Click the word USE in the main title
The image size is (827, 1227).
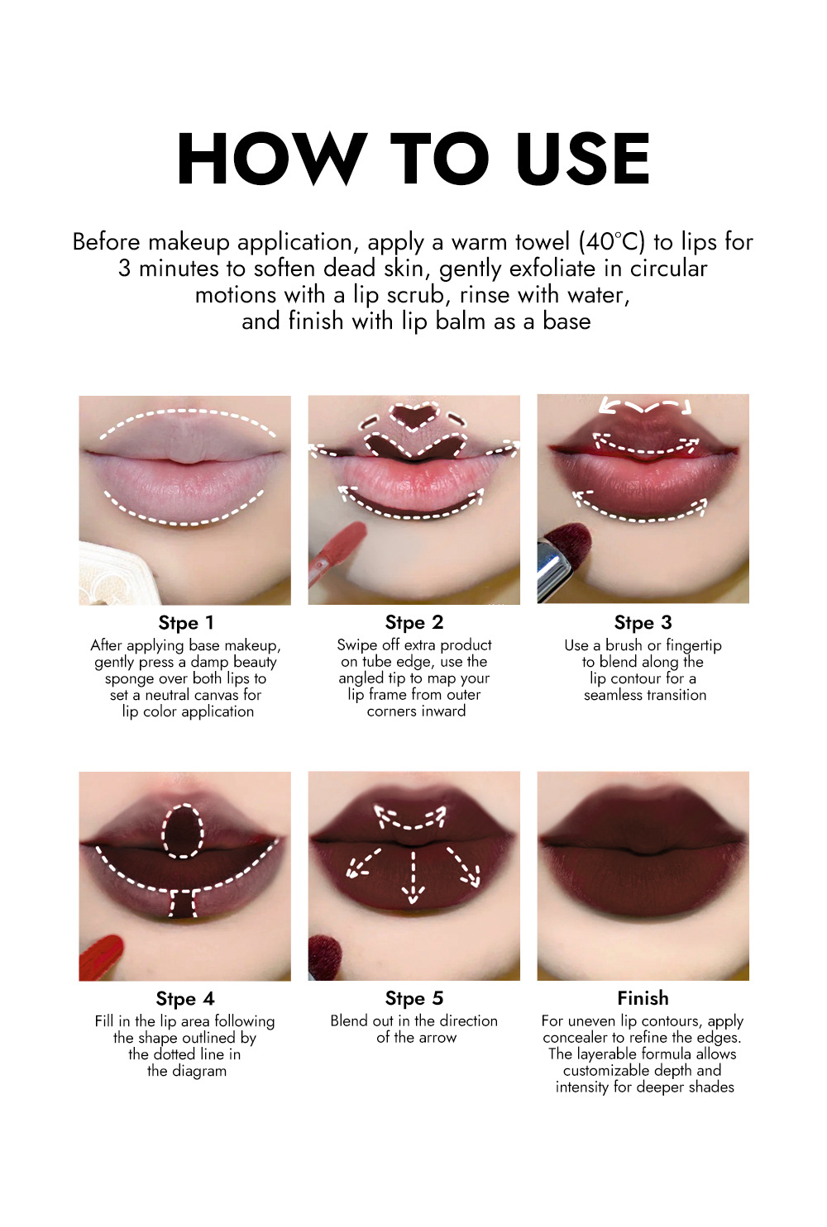(x=582, y=159)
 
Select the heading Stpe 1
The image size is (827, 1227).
(x=185, y=623)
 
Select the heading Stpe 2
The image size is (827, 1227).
(x=414, y=622)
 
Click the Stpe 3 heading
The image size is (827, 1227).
(x=643, y=622)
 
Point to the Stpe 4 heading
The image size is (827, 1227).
(x=185, y=999)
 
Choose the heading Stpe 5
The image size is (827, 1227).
(x=414, y=998)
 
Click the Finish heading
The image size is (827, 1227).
(x=643, y=998)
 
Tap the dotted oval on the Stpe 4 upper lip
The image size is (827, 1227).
(x=183, y=830)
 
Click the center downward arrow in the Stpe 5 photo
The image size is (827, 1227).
(x=413, y=877)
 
